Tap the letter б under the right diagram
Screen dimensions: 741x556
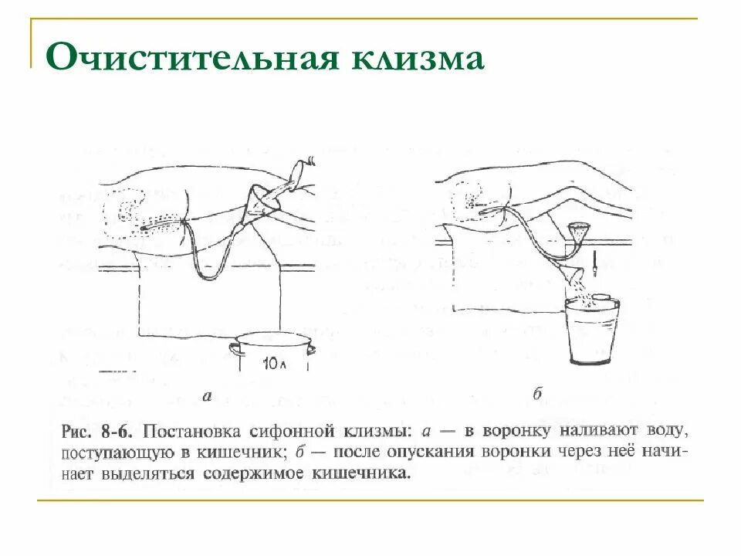[538, 395]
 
